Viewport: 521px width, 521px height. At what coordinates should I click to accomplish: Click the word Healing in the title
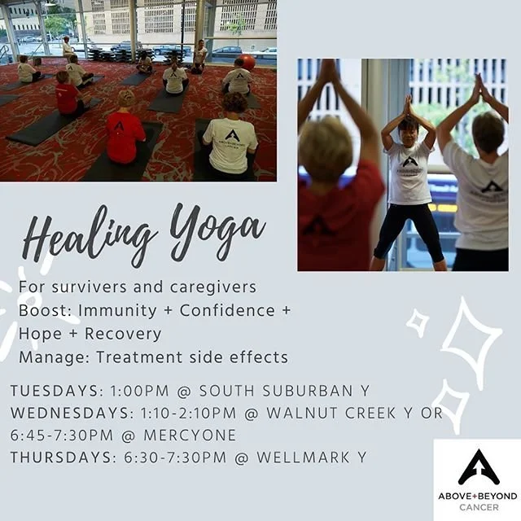(90, 237)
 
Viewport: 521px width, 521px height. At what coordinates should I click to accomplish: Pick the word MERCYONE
(190, 436)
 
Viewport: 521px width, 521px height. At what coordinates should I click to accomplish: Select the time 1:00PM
(139, 391)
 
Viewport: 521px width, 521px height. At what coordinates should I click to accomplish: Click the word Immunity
(117, 311)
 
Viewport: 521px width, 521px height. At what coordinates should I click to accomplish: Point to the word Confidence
(228, 311)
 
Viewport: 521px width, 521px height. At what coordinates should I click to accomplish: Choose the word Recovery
(123, 334)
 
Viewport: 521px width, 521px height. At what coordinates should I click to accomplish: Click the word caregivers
(213, 287)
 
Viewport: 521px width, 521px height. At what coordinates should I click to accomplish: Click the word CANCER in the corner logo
(479, 507)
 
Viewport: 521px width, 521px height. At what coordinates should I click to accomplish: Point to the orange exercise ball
(247, 62)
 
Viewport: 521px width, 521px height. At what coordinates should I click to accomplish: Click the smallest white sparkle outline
(418, 322)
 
